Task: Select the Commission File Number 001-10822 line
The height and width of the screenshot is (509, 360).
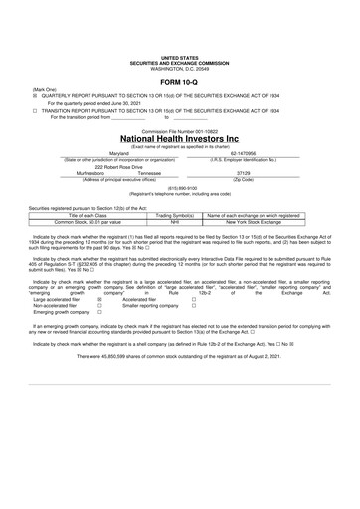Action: click(179, 129)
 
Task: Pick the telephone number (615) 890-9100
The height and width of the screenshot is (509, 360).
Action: click(179, 188)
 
